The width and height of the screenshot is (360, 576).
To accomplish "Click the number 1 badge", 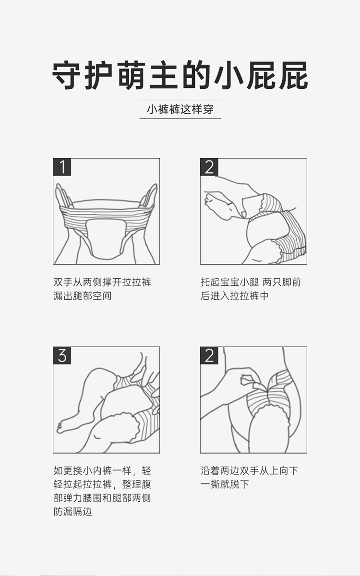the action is pyautogui.click(x=62, y=167).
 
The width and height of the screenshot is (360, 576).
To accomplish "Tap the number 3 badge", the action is pyautogui.click(x=62, y=356).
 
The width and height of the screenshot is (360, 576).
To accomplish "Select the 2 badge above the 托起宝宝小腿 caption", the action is pyautogui.click(x=209, y=167).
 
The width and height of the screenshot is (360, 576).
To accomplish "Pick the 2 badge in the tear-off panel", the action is pyautogui.click(x=209, y=356).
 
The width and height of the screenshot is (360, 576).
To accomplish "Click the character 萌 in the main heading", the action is pyautogui.click(x=132, y=75).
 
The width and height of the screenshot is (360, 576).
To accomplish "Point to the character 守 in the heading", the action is pyautogui.click(x=66, y=75).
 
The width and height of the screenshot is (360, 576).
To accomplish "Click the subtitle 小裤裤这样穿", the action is pyautogui.click(x=180, y=109).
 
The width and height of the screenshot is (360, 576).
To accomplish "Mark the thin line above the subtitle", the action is pyautogui.click(x=180, y=100).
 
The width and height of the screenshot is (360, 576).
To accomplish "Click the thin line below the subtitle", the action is pyautogui.click(x=180, y=118).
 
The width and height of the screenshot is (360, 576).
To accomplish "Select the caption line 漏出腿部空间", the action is pyautogui.click(x=83, y=296).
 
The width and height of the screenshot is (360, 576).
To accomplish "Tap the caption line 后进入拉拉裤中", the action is pyautogui.click(x=234, y=296).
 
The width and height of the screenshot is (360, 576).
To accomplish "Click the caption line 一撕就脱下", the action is pyautogui.click(x=225, y=484).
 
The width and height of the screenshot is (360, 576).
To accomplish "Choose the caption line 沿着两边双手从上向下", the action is pyautogui.click(x=249, y=471).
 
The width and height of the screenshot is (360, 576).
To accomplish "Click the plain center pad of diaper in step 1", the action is pyautogui.click(x=106, y=238).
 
